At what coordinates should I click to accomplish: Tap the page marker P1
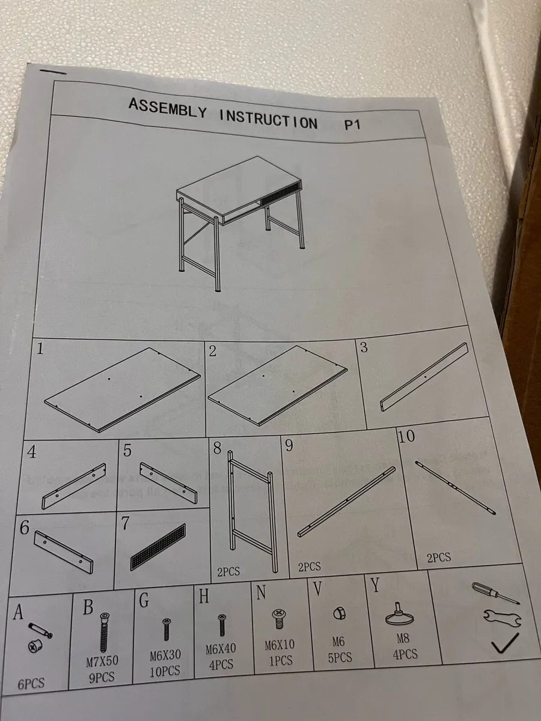355,126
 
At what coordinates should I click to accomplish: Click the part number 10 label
406,437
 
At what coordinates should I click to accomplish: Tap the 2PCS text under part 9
309,566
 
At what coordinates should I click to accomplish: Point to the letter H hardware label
204,596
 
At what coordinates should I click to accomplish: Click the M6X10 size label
280,646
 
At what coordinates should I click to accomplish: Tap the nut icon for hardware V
338,613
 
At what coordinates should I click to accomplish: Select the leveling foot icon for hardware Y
399,616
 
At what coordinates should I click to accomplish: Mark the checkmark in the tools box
504,646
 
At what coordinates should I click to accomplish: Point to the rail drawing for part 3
423,376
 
